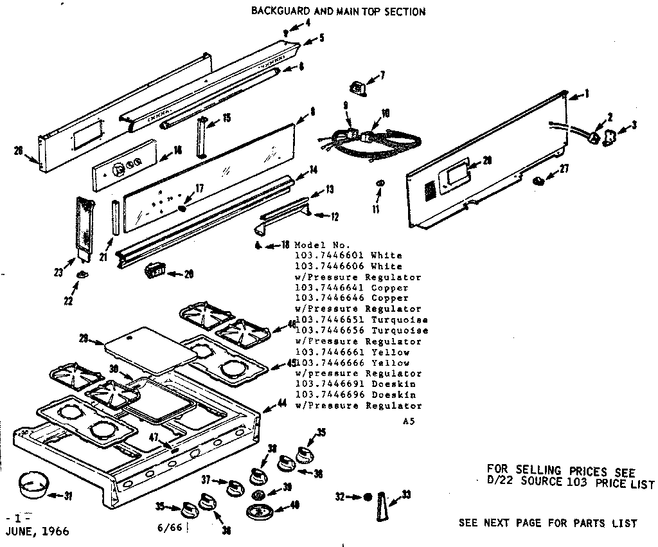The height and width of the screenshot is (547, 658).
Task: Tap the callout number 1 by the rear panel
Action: click(587, 94)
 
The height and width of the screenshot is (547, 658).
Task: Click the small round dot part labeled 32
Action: click(367, 497)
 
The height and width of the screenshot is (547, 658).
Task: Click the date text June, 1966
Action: click(36, 532)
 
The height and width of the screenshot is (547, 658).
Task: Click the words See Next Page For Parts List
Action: click(547, 523)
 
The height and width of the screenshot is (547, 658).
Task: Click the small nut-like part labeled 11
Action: click(379, 185)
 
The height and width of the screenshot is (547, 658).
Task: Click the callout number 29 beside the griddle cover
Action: click(83, 338)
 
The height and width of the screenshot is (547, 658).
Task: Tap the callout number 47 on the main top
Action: click(154, 437)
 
